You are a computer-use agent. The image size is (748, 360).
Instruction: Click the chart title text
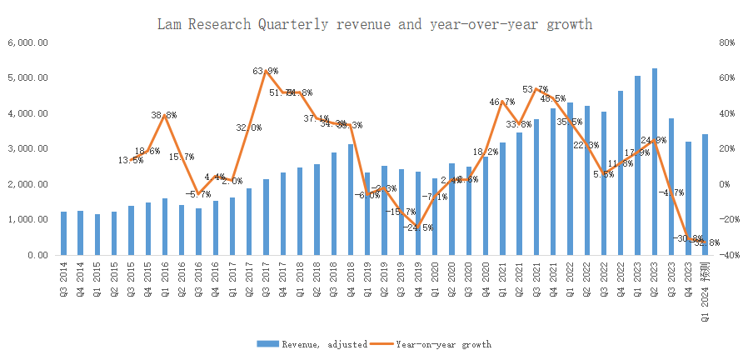click(x=375, y=24)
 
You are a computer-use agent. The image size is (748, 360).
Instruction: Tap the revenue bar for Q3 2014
click(x=63, y=233)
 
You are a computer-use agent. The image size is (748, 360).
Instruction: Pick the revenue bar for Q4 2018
click(x=351, y=200)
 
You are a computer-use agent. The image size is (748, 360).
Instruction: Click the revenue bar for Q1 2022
click(x=569, y=179)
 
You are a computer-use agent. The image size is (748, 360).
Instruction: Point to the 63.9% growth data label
click(x=266, y=71)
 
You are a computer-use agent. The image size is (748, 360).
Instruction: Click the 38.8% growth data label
click(x=163, y=115)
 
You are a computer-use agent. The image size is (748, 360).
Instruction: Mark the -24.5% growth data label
click(x=418, y=227)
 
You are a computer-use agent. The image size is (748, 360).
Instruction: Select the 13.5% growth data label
click(x=129, y=160)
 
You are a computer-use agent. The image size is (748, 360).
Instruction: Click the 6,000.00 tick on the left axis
click(x=27, y=42)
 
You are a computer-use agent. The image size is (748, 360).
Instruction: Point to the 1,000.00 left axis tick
click(x=27, y=220)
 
